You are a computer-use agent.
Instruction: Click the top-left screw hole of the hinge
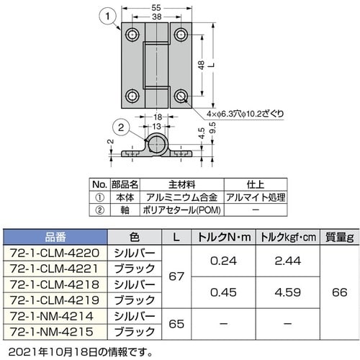[x=133, y=34]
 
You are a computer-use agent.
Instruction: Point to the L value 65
[x=175, y=323]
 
